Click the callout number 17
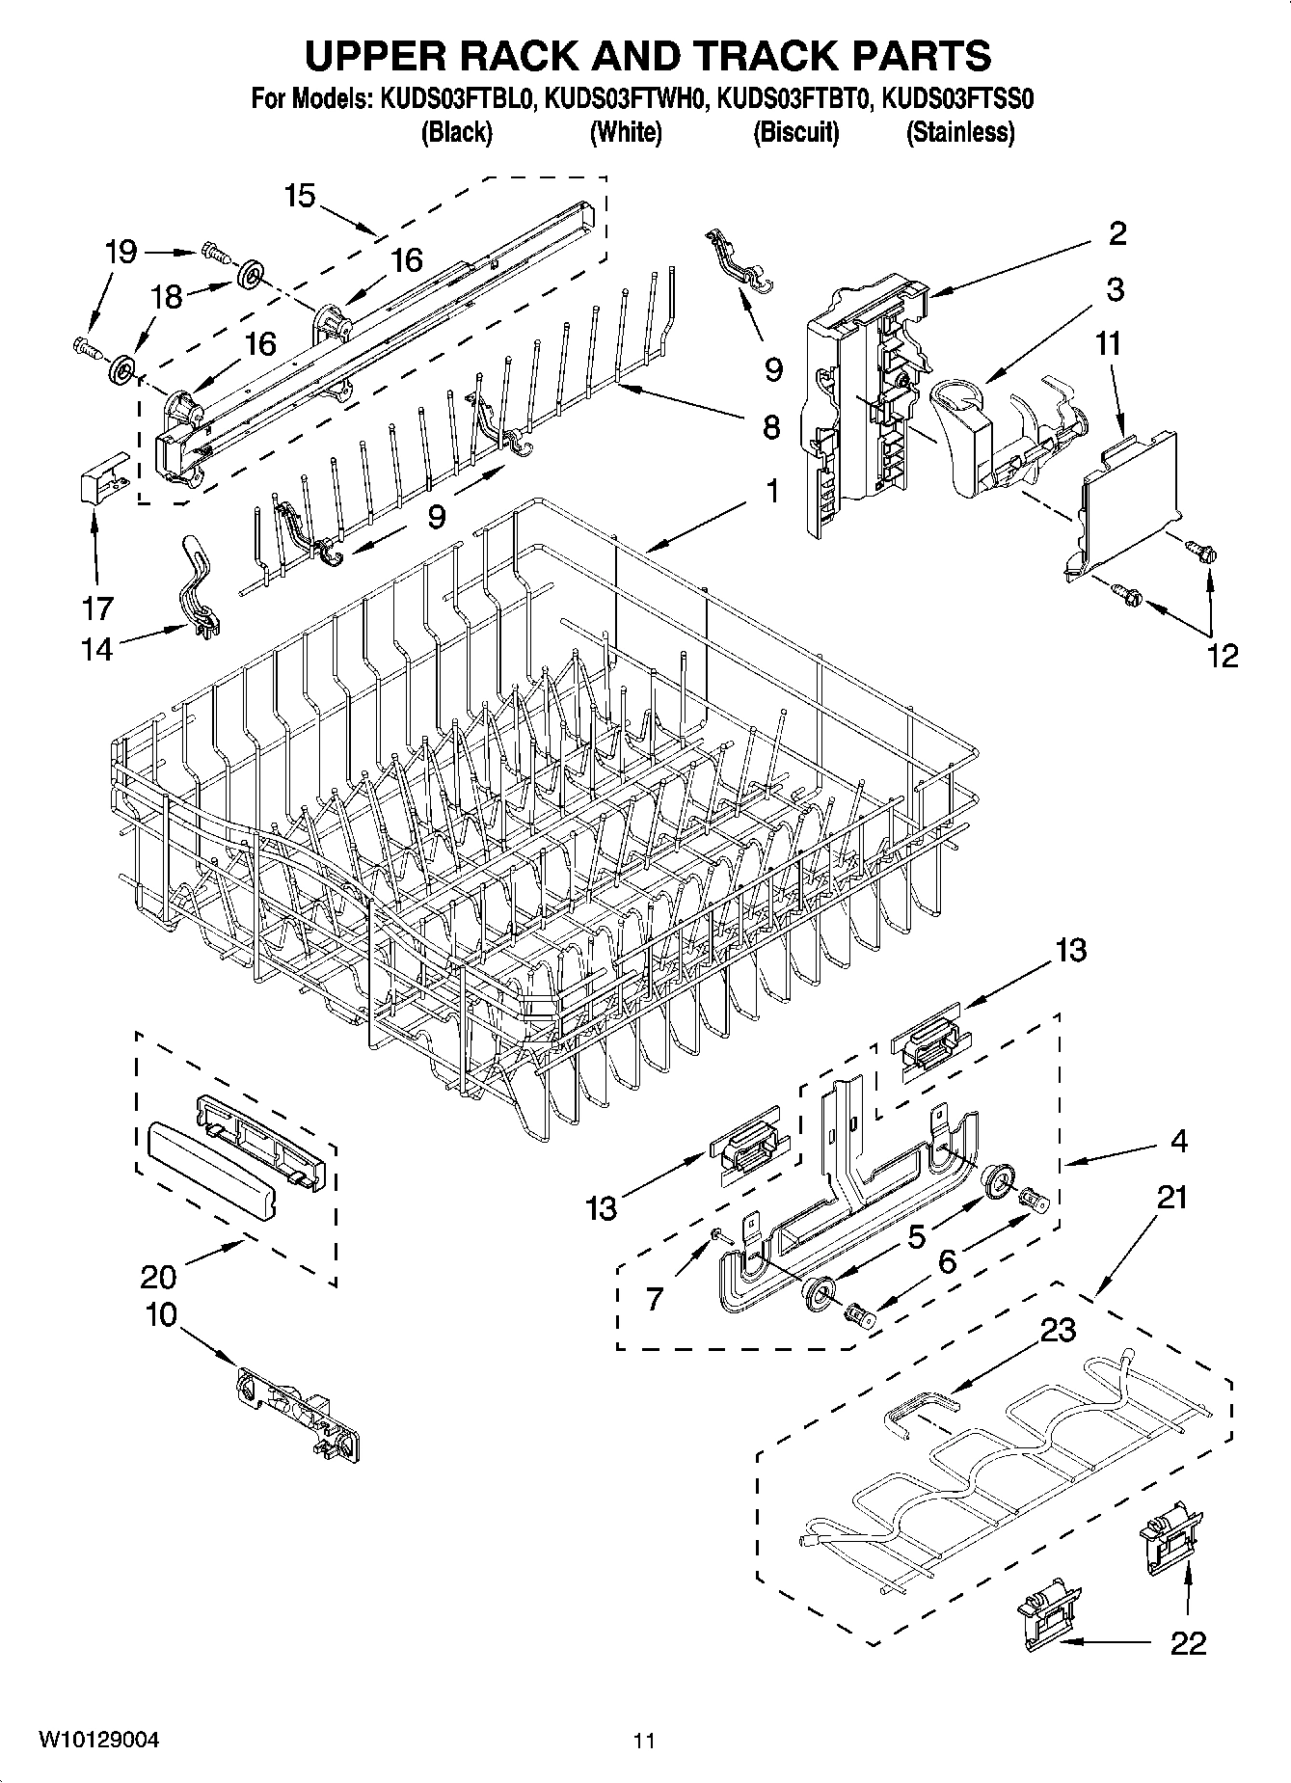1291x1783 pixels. click(97, 608)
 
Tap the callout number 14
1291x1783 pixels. click(97, 650)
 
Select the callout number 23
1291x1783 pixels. click(1058, 1330)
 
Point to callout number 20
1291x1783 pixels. click(158, 1277)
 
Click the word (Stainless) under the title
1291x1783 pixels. click(959, 132)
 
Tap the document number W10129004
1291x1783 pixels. click(98, 1740)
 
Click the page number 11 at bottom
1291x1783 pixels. click(644, 1741)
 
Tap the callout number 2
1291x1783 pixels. click(1117, 233)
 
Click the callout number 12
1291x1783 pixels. click(1222, 656)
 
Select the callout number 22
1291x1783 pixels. click(1188, 1643)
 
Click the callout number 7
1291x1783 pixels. click(655, 1299)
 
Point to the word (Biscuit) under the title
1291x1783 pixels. click(795, 132)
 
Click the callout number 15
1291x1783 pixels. click(300, 196)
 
